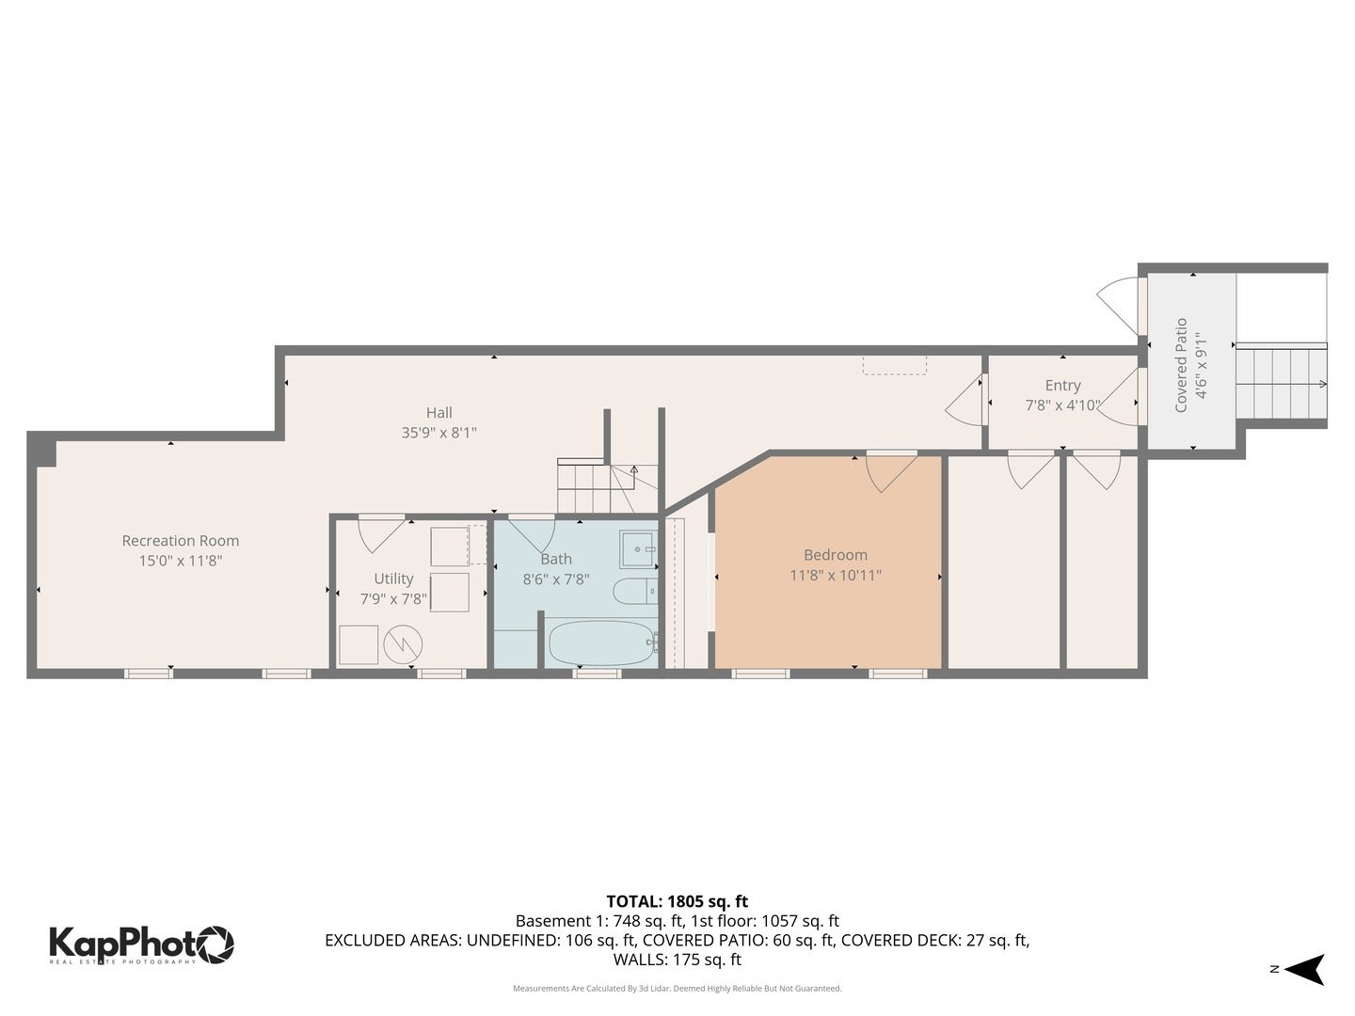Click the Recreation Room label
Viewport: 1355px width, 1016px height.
(180, 541)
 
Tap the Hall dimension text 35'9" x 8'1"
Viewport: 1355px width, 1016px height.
(438, 433)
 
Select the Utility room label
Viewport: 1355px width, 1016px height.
(393, 579)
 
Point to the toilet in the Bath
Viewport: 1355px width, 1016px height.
(630, 592)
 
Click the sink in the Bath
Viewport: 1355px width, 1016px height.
(638, 548)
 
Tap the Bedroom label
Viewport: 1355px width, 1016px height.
(835, 555)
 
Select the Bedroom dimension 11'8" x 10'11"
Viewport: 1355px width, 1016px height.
(835, 575)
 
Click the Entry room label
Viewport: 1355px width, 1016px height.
(1062, 385)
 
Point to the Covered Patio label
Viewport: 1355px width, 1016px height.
(1181, 365)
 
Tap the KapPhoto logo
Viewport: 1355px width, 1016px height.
(141, 944)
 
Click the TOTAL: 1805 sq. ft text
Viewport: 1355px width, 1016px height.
(677, 901)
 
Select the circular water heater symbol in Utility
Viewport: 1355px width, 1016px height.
(403, 644)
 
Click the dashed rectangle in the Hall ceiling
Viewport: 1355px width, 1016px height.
(894, 365)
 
